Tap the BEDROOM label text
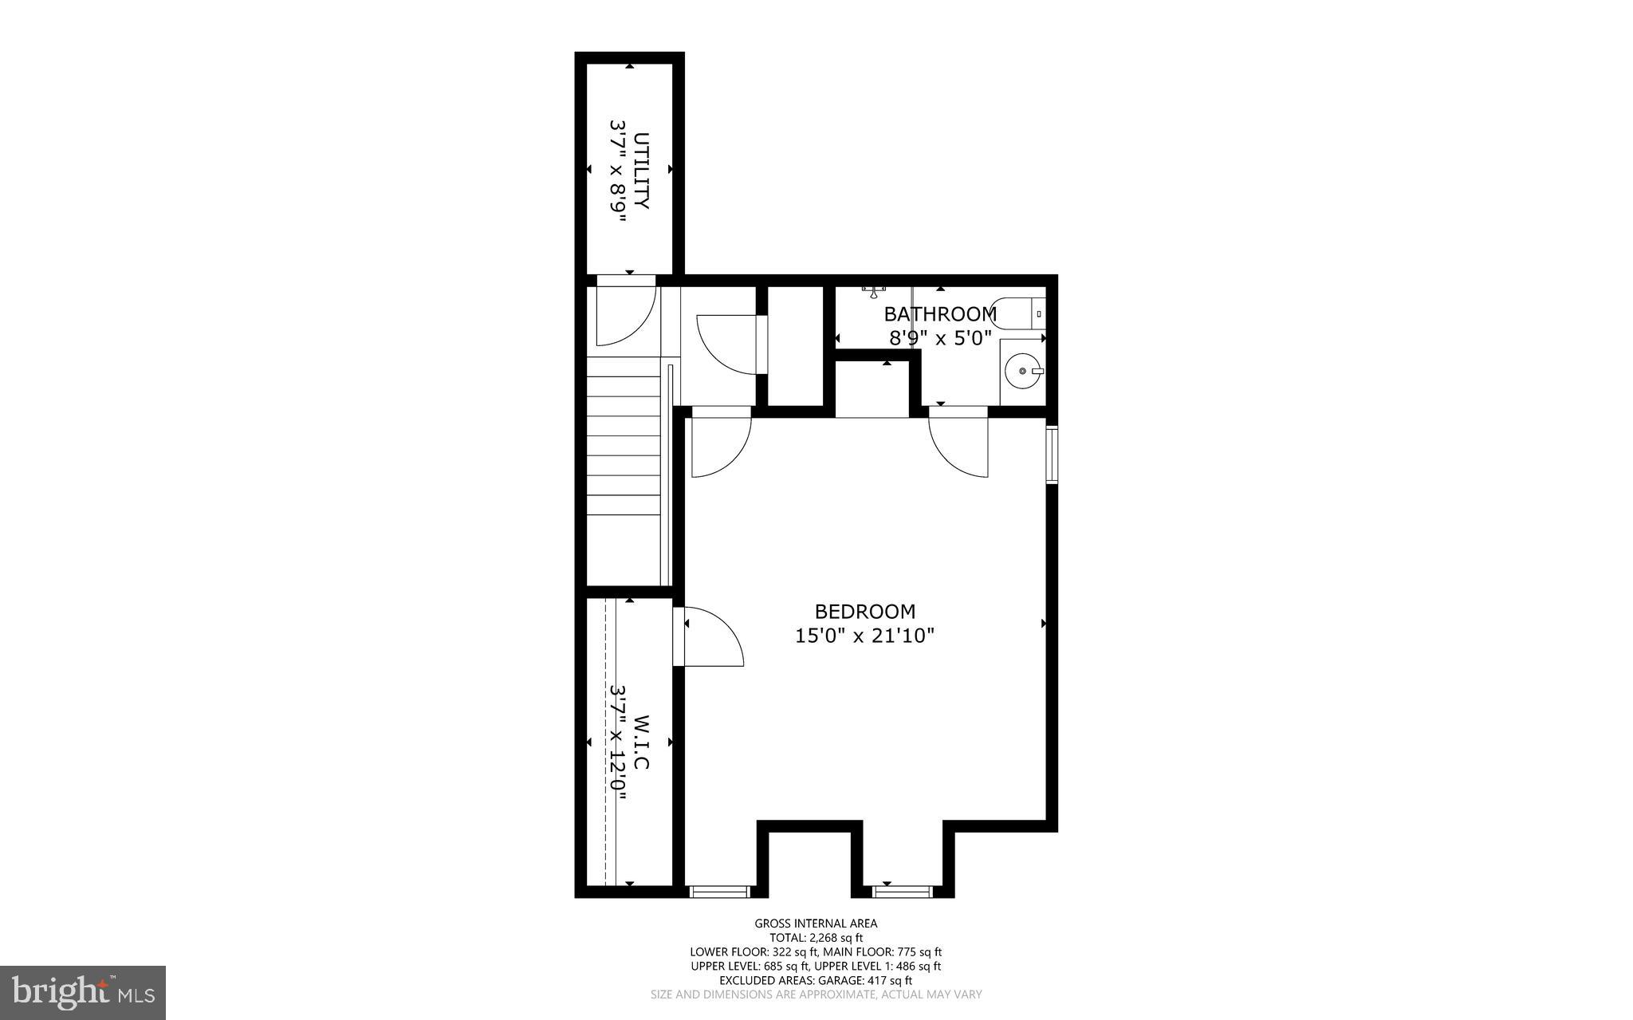(864, 612)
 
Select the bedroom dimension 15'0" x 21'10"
(864, 636)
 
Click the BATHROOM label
(939, 313)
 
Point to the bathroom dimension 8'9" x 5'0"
(939, 338)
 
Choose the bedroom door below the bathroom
(961, 443)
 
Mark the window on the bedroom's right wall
(1052, 455)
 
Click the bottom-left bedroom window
(720, 891)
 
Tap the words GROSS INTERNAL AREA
(816, 924)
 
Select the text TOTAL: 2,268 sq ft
(816, 938)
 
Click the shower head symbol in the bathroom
(875, 291)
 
